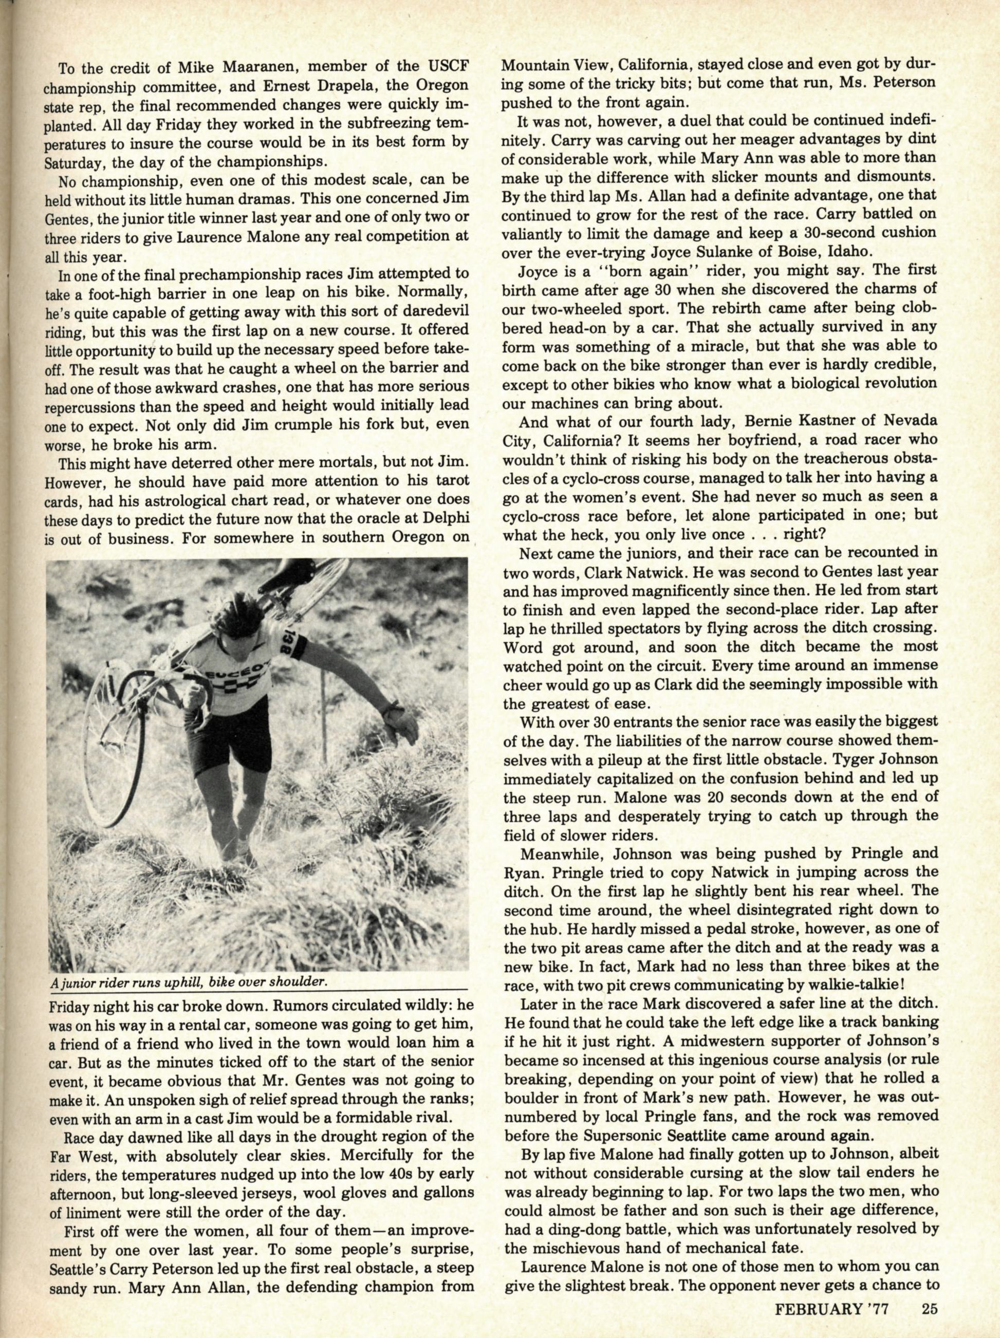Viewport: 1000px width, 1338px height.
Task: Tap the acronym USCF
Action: pyautogui.click(x=451, y=65)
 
